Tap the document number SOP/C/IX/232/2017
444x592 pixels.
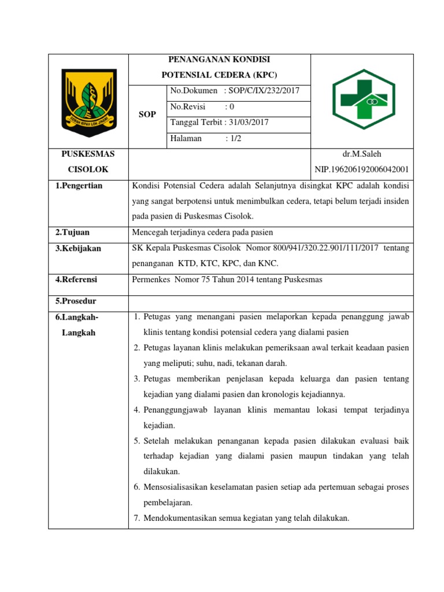point(268,91)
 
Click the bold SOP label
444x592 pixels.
point(147,114)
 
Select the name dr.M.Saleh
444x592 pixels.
point(362,154)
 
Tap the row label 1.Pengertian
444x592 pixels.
point(79,186)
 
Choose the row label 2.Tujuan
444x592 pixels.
point(72,232)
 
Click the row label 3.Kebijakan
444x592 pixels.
point(78,248)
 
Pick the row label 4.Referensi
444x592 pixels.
point(76,279)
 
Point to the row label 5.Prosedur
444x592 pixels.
point(76,301)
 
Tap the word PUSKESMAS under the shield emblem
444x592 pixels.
point(88,154)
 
